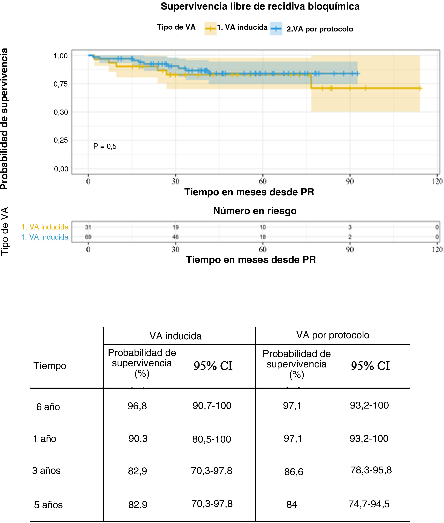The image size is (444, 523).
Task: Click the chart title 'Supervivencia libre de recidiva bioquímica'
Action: click(260, 7)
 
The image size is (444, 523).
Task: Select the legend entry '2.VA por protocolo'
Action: click(320, 29)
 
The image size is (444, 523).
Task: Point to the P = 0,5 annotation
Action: click(105, 146)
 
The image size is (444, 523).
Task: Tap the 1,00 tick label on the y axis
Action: click(61, 56)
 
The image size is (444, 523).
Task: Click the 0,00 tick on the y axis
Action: click(61, 169)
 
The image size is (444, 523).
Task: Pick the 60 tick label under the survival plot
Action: click(263, 181)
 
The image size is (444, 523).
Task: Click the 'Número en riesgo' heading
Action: click(255, 211)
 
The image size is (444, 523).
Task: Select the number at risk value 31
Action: click(88, 227)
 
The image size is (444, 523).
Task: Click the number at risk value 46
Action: click(175, 237)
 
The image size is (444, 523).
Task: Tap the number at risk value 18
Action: click(263, 237)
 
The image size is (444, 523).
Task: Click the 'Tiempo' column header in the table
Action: click(50, 366)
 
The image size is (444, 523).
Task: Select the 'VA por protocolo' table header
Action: click(333, 335)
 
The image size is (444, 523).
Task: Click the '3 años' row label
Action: click(46, 471)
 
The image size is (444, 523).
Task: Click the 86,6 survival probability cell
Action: click(294, 472)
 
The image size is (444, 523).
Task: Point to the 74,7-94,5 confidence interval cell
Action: click(369, 504)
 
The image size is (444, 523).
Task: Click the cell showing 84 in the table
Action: click(292, 505)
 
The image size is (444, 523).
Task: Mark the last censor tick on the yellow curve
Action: click(420, 88)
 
